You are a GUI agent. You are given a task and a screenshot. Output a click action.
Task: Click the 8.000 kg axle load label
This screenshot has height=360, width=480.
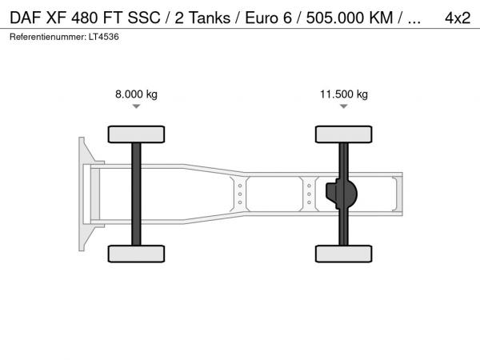click(136, 94)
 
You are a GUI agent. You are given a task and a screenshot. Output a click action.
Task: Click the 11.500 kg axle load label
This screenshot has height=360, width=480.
click(344, 94)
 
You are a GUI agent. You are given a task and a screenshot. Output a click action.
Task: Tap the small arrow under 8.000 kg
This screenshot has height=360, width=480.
click(136, 106)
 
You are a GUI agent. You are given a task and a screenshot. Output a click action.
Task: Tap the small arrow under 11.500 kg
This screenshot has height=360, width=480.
click(344, 106)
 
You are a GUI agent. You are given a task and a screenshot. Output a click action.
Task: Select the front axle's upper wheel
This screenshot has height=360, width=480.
click(136, 134)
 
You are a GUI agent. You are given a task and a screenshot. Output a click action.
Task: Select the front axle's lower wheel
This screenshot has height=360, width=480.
click(136, 254)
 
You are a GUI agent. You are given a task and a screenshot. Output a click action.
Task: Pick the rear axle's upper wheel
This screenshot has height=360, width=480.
click(344, 134)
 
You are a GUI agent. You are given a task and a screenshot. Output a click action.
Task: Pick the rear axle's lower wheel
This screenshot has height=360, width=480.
click(344, 254)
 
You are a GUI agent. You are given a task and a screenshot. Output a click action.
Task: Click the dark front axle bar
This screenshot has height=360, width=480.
click(136, 194)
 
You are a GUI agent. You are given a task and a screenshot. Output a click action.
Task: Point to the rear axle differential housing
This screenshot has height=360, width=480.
click(342, 194)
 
